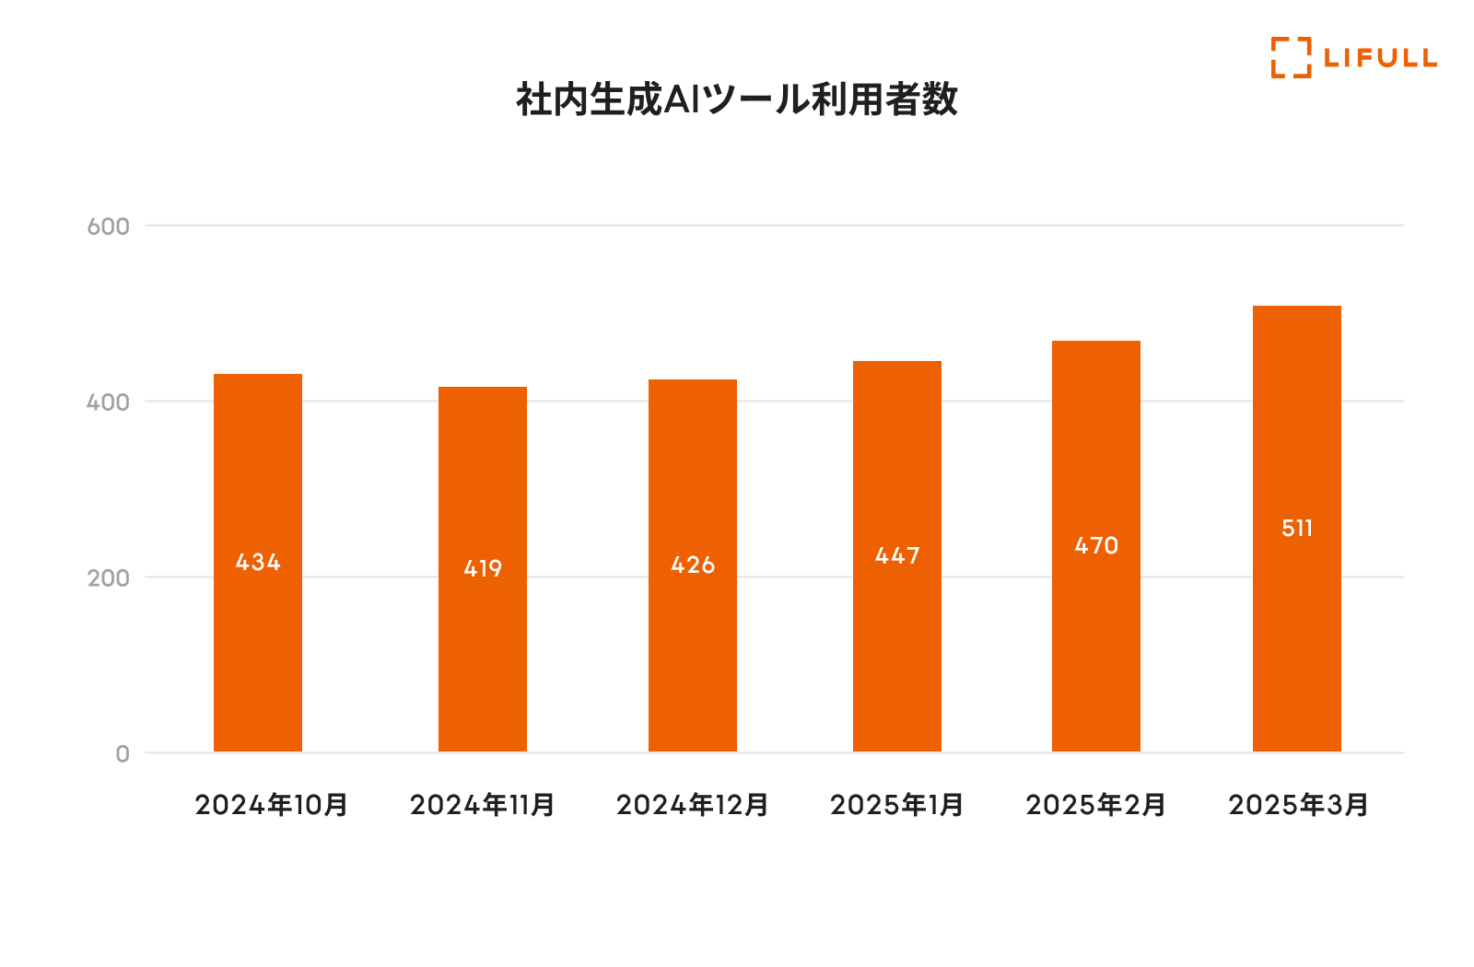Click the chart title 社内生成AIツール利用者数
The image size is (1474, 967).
(737, 99)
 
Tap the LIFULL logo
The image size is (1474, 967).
(1352, 57)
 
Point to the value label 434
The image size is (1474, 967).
(258, 562)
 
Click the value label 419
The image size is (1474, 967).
(483, 568)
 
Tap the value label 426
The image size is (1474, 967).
(693, 565)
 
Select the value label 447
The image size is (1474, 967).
(897, 555)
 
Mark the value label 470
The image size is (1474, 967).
(1096, 545)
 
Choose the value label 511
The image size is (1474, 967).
(1297, 528)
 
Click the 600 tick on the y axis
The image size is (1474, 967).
(108, 227)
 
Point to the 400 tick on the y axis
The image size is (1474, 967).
(108, 402)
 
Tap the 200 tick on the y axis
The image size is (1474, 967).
(108, 578)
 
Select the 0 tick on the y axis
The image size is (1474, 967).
(123, 754)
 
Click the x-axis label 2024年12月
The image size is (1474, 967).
(693, 805)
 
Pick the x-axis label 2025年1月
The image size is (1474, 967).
(896, 805)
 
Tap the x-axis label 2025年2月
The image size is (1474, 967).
(1096, 805)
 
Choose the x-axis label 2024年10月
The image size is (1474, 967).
(272, 805)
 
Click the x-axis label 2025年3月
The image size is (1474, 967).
(1298, 805)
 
